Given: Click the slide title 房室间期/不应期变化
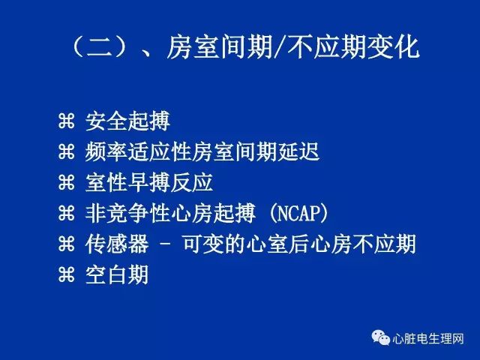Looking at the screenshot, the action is pyautogui.click(x=293, y=46).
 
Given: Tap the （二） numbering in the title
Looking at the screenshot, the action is pyautogui.click(x=100, y=46).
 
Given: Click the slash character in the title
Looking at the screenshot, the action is pyautogui.click(x=279, y=47).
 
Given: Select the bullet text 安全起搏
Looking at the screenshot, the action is pyautogui.click(x=127, y=121).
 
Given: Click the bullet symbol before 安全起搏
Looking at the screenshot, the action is pyautogui.click(x=67, y=121).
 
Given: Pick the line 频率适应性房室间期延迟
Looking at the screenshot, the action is pyautogui.click(x=202, y=151).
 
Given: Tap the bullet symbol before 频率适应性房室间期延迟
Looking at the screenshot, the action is pyautogui.click(x=67, y=151).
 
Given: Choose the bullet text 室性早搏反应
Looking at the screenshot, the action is pyautogui.click(x=149, y=183).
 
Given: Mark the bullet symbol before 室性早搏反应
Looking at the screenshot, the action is pyautogui.click(x=67, y=182).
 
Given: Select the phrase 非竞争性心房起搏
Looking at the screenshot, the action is pyautogui.click(x=170, y=213).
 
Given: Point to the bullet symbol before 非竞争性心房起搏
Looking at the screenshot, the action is pyautogui.click(x=67, y=213).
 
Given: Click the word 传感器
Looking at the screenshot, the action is pyautogui.click(x=117, y=244).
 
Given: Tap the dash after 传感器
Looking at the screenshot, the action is pyautogui.click(x=165, y=245).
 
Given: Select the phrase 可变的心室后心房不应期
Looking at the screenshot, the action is pyautogui.click(x=299, y=244).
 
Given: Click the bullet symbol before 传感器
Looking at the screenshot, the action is pyautogui.click(x=67, y=244).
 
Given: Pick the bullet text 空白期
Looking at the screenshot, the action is pyautogui.click(x=117, y=274).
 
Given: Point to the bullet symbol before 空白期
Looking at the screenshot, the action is pyautogui.click(x=67, y=274).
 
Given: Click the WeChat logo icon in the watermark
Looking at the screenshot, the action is pyautogui.click(x=380, y=337).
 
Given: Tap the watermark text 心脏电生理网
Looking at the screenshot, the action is pyautogui.click(x=428, y=339).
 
